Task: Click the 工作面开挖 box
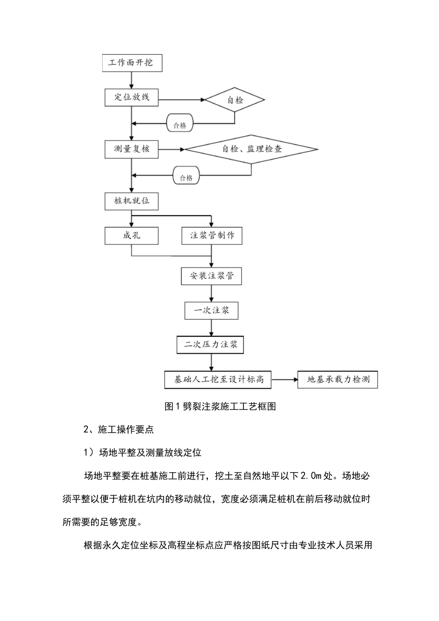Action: [132, 62]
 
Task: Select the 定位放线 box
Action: [132, 97]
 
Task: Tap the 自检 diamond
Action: [235, 100]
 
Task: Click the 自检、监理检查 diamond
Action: [251, 149]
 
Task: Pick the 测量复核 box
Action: [132, 149]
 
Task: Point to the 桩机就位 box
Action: [132, 201]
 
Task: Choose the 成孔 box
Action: [132, 236]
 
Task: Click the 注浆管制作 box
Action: [212, 236]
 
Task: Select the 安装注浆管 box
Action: [212, 276]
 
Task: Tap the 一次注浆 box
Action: [212, 310]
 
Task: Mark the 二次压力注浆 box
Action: [211, 345]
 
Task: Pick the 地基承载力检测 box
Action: [338, 380]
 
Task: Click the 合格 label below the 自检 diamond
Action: [180, 125]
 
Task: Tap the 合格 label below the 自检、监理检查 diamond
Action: [186, 177]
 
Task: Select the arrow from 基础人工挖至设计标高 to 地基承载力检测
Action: [284, 380]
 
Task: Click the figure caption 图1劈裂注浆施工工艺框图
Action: [220, 407]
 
